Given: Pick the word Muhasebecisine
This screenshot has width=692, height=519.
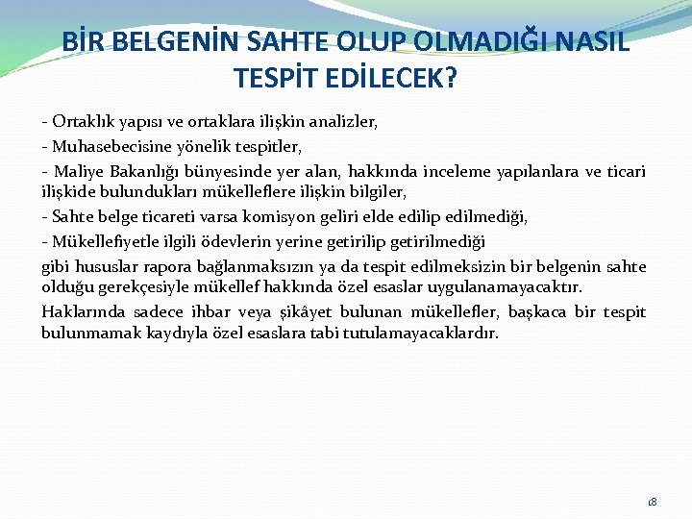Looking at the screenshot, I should point(106,147).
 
